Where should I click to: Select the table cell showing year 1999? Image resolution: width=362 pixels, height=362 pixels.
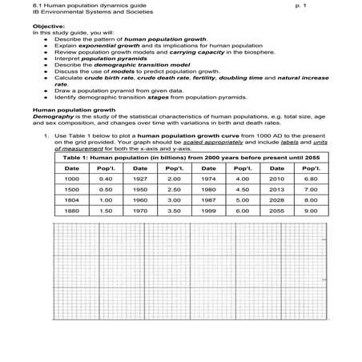[x=208, y=212]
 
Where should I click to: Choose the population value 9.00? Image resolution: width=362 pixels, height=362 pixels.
[x=311, y=212]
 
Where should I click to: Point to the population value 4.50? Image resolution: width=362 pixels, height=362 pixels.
[x=242, y=190]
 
